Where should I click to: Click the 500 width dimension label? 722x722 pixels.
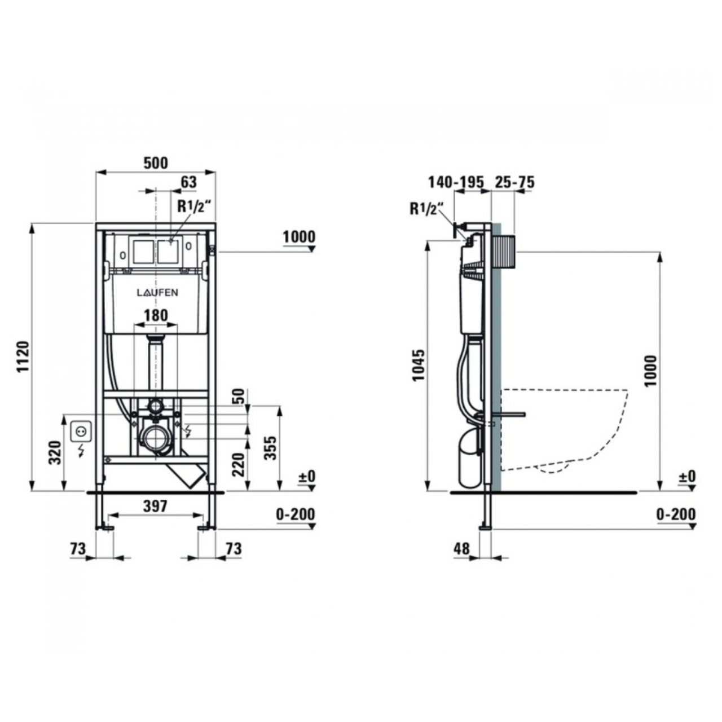click(156, 163)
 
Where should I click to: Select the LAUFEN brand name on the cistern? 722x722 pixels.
click(157, 293)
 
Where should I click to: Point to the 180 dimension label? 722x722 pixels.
click(156, 315)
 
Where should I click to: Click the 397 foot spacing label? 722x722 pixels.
click(155, 507)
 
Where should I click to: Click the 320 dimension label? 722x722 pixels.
click(55, 452)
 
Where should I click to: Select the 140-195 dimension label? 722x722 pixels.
click(456, 182)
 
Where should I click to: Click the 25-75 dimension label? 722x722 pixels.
click(515, 182)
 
